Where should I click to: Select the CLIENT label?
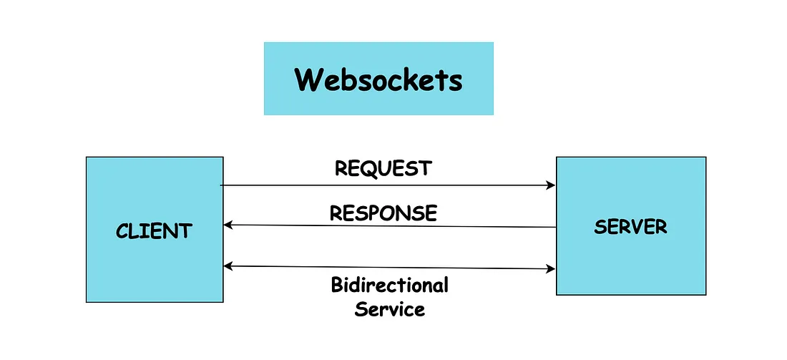[x=154, y=231]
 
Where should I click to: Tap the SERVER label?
[x=630, y=227]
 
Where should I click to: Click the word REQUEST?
[x=383, y=168]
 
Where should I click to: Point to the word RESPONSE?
[x=383, y=213]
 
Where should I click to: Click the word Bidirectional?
[x=389, y=285]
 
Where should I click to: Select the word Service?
[x=390, y=309]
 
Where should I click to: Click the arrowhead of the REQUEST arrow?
[x=552, y=185]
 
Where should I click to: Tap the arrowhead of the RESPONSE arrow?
[x=228, y=225]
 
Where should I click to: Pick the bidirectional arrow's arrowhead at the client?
[x=228, y=266]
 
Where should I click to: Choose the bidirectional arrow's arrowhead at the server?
[x=552, y=269]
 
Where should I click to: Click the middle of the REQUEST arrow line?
[x=388, y=185]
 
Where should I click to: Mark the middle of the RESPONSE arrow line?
[x=390, y=226]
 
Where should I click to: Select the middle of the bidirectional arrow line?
[x=390, y=268]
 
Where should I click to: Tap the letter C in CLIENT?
[x=122, y=231]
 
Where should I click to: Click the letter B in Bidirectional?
[x=337, y=285]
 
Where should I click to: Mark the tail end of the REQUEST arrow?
[x=221, y=185]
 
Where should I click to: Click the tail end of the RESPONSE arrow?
[x=556, y=228]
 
